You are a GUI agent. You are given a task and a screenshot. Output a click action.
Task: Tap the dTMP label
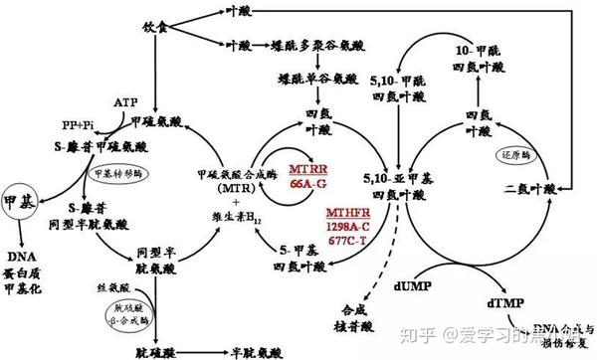coord(507,298)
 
